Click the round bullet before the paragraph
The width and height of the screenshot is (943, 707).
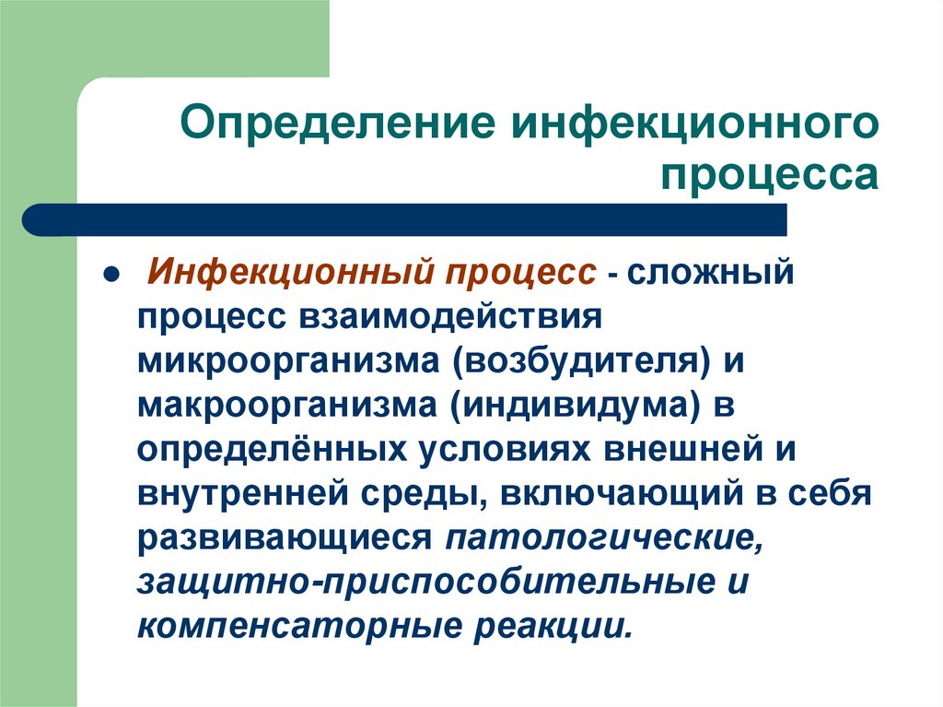pos(108,276)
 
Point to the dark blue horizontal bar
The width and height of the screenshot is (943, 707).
pos(405,220)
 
